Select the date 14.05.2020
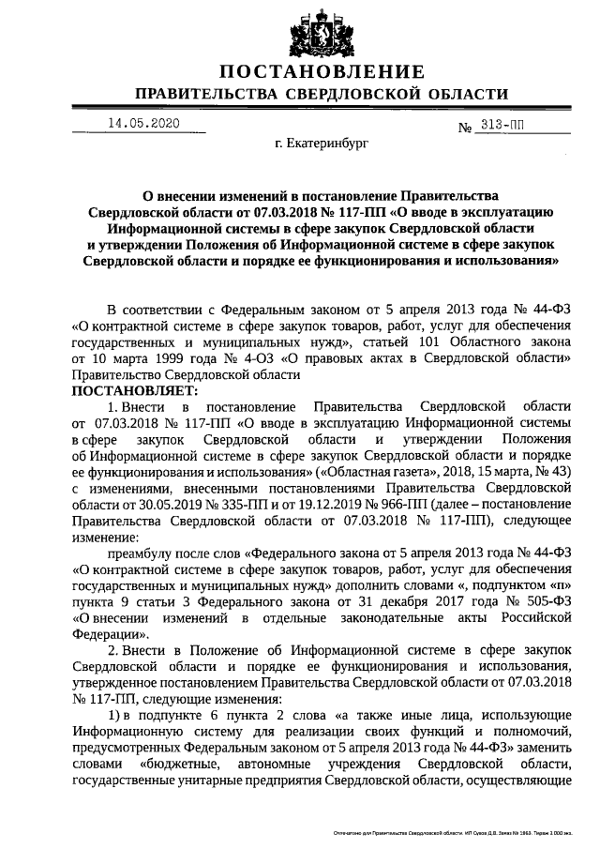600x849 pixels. click(x=142, y=123)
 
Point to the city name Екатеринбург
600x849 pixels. click(x=322, y=146)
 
